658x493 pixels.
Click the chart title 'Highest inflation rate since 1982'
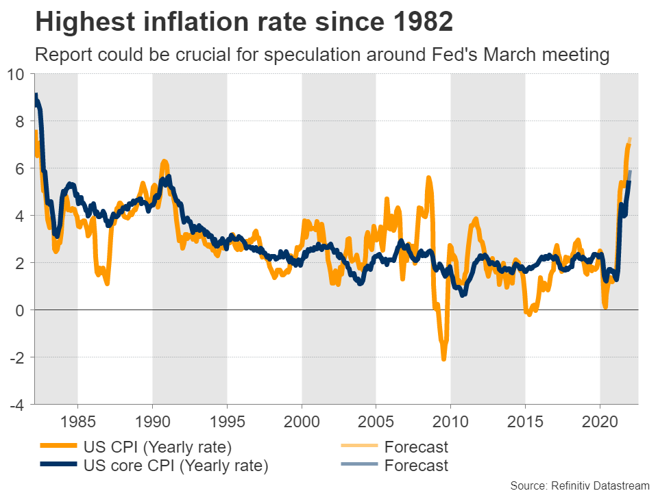click(243, 22)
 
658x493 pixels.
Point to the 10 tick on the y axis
click(19, 74)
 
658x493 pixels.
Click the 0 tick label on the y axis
click(21, 310)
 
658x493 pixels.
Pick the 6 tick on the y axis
click(21, 168)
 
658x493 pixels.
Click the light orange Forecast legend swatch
click(359, 447)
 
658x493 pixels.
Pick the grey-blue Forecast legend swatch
click(359, 466)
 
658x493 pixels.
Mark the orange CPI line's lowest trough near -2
click(443, 358)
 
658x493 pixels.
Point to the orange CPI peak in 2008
click(428, 178)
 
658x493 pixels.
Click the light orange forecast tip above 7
click(630, 139)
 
